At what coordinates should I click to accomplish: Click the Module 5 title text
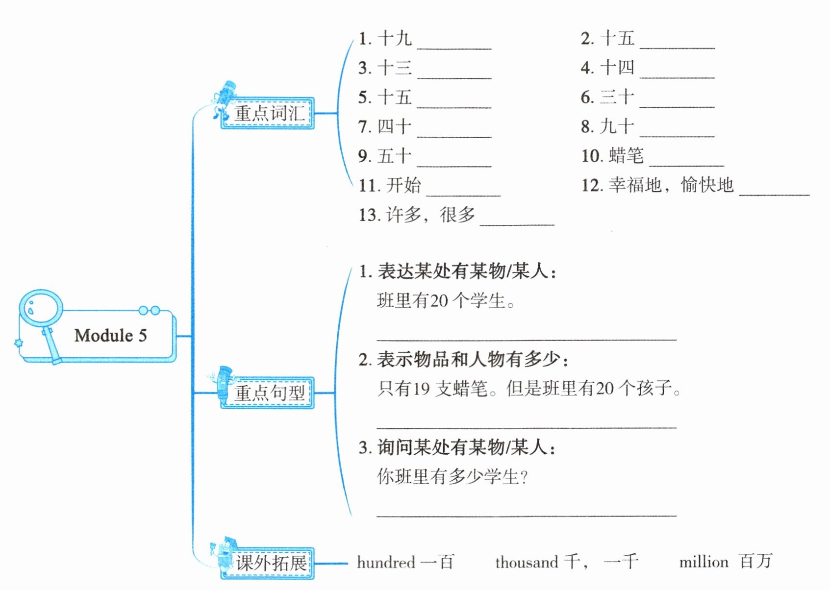click(110, 336)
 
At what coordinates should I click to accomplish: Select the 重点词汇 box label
click(269, 113)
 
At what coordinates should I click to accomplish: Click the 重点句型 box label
click(269, 393)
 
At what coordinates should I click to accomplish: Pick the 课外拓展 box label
click(271, 563)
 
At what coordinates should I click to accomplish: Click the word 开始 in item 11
click(403, 185)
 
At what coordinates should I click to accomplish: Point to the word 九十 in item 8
click(617, 126)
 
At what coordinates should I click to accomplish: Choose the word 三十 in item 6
click(617, 97)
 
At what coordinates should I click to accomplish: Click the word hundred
click(386, 562)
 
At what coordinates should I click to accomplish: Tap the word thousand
click(527, 562)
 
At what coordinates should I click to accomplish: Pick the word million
click(704, 562)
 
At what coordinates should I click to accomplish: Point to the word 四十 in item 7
click(394, 126)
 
